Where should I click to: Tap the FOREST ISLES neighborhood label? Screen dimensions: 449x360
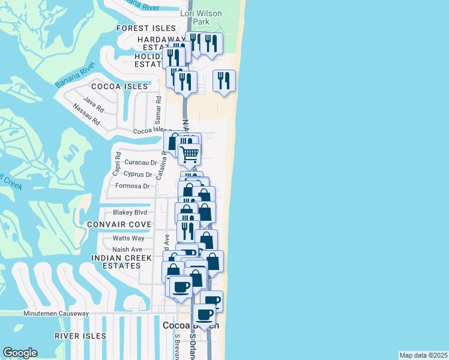click(x=146, y=28)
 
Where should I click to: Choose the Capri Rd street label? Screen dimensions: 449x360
click(x=116, y=163)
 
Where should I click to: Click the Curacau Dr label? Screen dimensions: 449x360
click(x=140, y=163)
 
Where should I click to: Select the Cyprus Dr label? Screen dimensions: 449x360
click(x=137, y=175)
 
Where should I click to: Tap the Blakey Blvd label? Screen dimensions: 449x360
click(x=130, y=212)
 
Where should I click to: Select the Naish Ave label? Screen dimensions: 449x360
click(x=127, y=250)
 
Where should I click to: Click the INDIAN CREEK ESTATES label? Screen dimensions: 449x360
click(x=116, y=262)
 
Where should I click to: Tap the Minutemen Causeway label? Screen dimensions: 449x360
click(x=56, y=313)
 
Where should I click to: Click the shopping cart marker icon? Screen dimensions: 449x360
click(x=190, y=155)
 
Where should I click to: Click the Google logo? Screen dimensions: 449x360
click(x=20, y=353)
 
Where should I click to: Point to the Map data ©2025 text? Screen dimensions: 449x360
click(x=423, y=355)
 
